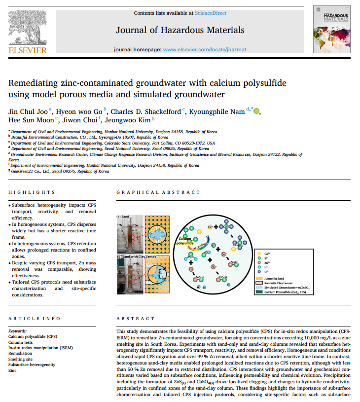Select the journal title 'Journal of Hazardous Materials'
(180, 30)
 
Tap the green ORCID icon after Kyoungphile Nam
(256, 111)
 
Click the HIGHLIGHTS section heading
(32, 192)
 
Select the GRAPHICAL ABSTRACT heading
(158, 192)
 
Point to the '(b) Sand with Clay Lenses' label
(136, 256)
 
